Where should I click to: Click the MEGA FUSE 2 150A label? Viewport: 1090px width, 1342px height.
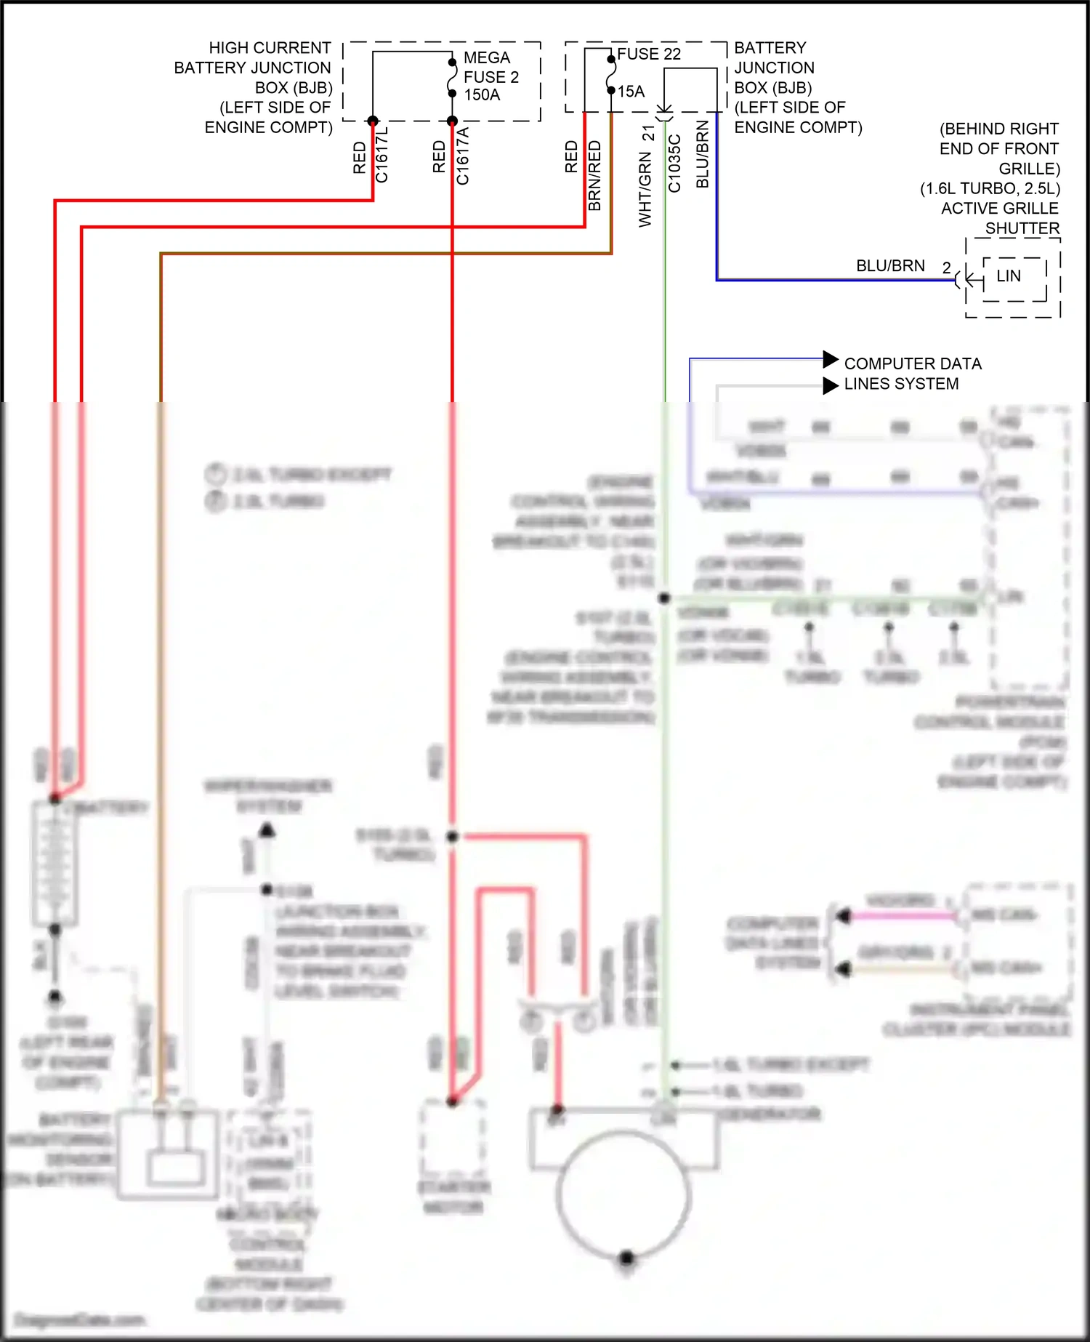[490, 76]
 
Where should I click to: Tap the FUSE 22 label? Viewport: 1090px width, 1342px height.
[649, 55]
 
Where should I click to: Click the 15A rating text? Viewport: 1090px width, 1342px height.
[631, 92]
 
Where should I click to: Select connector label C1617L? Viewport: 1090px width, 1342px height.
[382, 155]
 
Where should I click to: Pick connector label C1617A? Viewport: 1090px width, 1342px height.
[462, 156]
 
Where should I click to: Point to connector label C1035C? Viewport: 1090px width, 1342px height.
[674, 164]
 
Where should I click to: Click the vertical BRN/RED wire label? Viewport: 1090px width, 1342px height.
[595, 176]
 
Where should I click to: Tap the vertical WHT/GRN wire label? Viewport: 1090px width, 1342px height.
[645, 189]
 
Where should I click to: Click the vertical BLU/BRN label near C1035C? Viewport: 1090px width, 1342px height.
[703, 154]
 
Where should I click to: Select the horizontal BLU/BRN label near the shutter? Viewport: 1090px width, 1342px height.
[890, 266]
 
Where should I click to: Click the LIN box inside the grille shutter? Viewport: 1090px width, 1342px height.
[1009, 276]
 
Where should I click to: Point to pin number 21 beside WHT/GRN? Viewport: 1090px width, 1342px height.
[648, 134]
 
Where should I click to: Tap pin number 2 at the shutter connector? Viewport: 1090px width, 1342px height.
[946, 268]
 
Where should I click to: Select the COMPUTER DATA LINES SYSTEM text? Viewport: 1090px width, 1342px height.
[911, 374]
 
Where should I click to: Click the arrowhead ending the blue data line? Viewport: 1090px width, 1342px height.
[831, 359]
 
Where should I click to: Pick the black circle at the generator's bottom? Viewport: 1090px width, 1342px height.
[626, 1258]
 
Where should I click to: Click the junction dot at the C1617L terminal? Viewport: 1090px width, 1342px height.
[373, 121]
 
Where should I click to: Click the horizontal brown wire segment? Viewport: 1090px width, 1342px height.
[385, 254]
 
